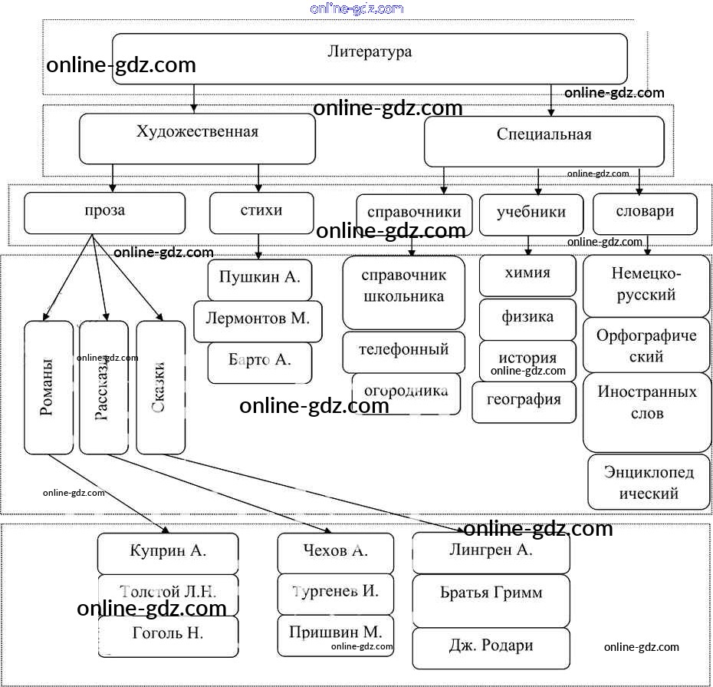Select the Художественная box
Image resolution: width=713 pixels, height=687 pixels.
197,138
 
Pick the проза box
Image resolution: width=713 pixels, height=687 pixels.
104,213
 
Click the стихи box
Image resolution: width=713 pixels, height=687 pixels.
261,213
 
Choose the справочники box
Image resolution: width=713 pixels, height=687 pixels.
414,214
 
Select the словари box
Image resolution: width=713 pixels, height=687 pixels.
644,214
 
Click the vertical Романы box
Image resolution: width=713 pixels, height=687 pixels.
48,387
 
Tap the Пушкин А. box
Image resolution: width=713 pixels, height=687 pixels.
259,279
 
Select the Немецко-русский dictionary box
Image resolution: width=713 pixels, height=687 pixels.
646,285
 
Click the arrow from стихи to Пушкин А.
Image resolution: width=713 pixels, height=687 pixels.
258,247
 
